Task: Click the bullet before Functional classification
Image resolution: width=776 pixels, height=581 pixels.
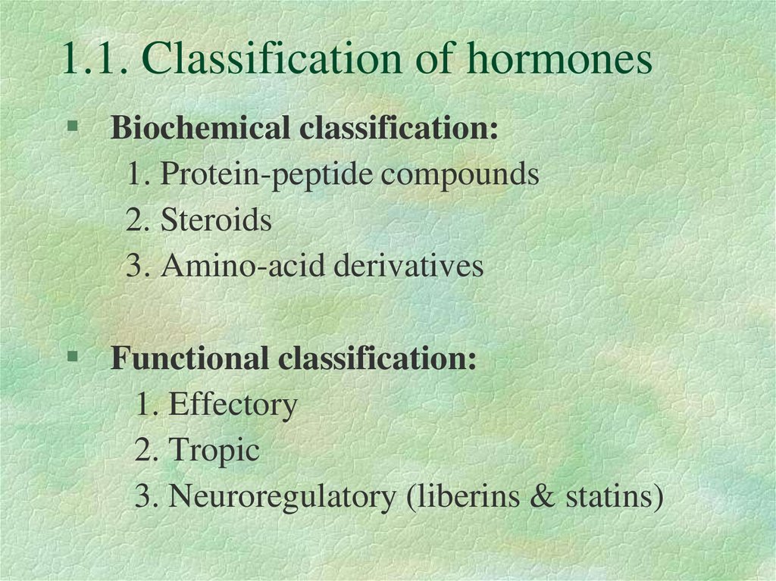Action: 73,355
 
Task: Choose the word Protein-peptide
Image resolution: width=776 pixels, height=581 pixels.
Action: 268,175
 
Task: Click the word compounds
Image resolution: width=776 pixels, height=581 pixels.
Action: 460,175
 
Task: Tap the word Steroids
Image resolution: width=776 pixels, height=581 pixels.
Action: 216,220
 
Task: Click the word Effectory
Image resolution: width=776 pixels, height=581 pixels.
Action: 232,405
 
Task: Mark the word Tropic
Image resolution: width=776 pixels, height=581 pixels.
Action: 214,451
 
